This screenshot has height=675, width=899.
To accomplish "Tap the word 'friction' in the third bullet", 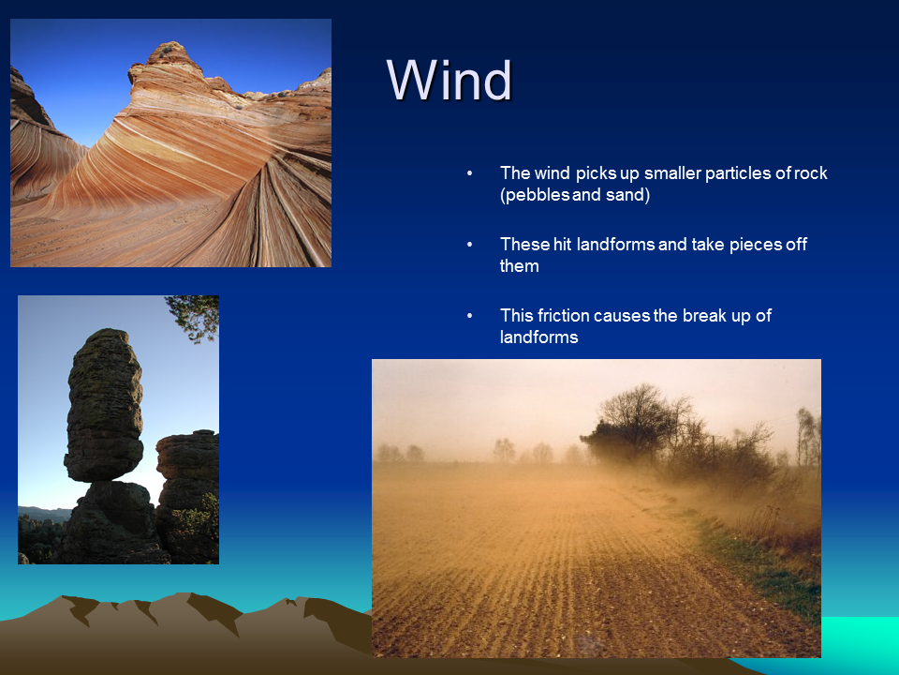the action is pyautogui.click(x=563, y=315).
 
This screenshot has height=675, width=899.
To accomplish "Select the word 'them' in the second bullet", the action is pyautogui.click(x=519, y=266).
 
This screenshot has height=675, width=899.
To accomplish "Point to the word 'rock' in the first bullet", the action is pyautogui.click(x=811, y=172).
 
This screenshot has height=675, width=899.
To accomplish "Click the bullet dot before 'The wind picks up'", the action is pyautogui.click(x=469, y=172).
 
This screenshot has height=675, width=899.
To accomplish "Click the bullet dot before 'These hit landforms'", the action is pyautogui.click(x=469, y=244).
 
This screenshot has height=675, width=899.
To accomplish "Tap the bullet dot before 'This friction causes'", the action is pyautogui.click(x=469, y=315).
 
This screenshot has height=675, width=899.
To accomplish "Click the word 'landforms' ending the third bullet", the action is pyautogui.click(x=539, y=337).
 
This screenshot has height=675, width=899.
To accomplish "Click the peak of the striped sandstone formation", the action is pyautogui.click(x=168, y=47).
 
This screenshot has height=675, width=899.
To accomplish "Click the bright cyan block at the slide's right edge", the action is pyautogui.click(x=860, y=637).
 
